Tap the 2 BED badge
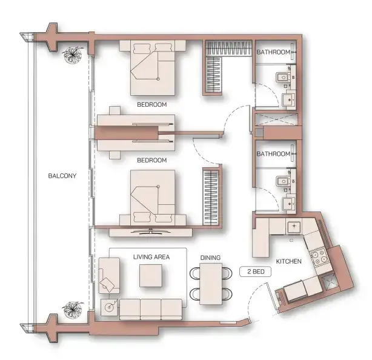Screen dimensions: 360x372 coord(255,272)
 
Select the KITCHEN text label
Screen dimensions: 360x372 coord(288,261)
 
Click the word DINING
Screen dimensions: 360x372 coord(210,258)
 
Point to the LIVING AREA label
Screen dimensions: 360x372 coord(151,257)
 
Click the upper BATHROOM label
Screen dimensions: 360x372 coord(273,53)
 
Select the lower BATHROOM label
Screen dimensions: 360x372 coord(273,154)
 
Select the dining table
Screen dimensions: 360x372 coord(210,283)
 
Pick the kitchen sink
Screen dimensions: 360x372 coord(295,227)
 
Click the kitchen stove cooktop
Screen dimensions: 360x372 coord(318,255)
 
